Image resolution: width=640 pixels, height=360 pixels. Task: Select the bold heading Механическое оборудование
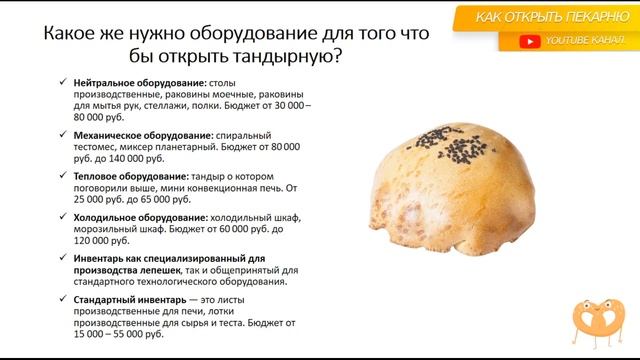click(139, 134)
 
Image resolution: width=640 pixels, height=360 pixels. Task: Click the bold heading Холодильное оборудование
click(137, 216)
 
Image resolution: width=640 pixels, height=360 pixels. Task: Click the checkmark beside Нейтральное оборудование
click(62, 82)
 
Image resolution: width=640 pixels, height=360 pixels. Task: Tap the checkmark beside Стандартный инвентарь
click(62, 298)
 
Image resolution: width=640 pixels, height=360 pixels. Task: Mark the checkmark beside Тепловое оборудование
click(62, 175)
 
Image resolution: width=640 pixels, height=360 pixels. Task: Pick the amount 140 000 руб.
click(134, 158)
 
